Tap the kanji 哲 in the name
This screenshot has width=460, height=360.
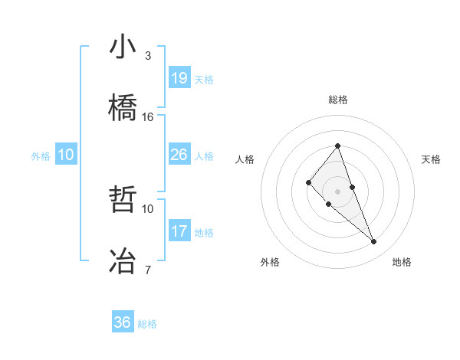click(x=123, y=199)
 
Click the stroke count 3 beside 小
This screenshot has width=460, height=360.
click(x=148, y=56)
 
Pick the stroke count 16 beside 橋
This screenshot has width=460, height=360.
click(x=148, y=117)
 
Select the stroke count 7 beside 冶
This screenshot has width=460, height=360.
click(x=148, y=270)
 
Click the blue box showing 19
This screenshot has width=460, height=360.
click(x=179, y=78)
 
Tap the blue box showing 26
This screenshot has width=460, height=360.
click(x=179, y=155)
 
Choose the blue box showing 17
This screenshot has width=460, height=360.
click(x=179, y=231)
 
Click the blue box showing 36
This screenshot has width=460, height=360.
click(x=123, y=322)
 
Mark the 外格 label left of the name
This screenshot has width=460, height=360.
click(x=41, y=155)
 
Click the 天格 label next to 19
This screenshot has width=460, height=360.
click(x=204, y=79)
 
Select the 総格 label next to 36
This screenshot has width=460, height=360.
click(x=147, y=324)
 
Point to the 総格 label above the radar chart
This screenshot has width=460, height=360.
click(x=338, y=100)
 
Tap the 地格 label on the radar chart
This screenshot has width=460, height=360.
click(x=402, y=262)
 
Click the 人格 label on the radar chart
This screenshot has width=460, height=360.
click(x=245, y=159)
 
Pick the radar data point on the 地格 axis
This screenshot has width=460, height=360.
click(x=374, y=242)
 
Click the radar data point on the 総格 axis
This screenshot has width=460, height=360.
click(x=337, y=146)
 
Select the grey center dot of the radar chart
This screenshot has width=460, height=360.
click(x=337, y=191)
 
